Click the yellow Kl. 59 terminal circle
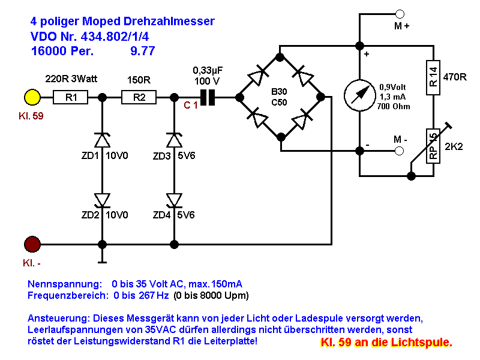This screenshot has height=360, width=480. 32,97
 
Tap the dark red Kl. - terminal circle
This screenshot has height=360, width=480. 32,244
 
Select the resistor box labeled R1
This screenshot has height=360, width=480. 71,97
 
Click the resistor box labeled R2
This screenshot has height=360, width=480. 139,97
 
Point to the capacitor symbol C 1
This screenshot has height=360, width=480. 207,97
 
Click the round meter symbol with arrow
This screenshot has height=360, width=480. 359,97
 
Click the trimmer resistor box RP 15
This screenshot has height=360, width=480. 433,146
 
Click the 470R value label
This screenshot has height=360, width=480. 454,77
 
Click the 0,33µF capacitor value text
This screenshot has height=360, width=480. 206,70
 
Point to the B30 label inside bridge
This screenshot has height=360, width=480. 280,92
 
